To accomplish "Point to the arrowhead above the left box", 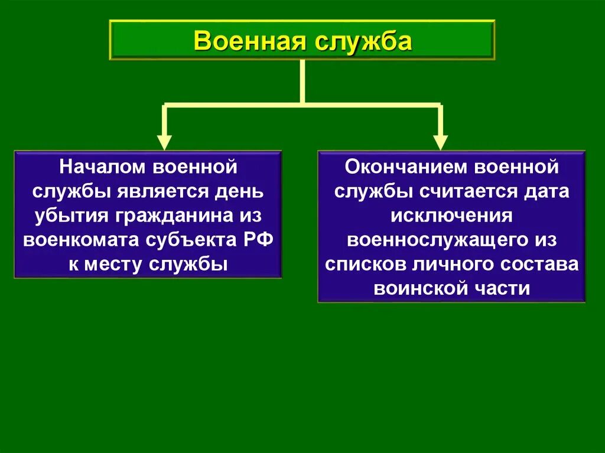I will click(x=165, y=142).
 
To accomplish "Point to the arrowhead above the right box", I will click(x=440, y=142).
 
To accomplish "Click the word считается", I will click(x=458, y=191).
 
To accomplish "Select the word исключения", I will click(x=451, y=216).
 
